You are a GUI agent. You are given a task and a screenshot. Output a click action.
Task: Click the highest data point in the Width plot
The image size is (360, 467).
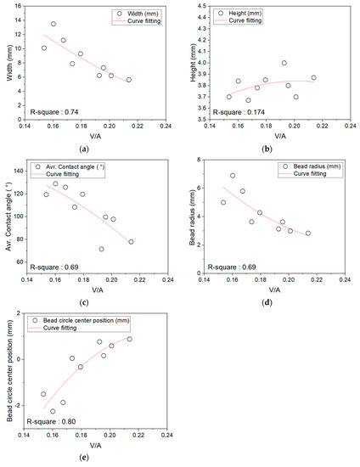(53, 24)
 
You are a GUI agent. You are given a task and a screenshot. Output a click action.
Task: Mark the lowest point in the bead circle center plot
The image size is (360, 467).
(53, 411)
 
